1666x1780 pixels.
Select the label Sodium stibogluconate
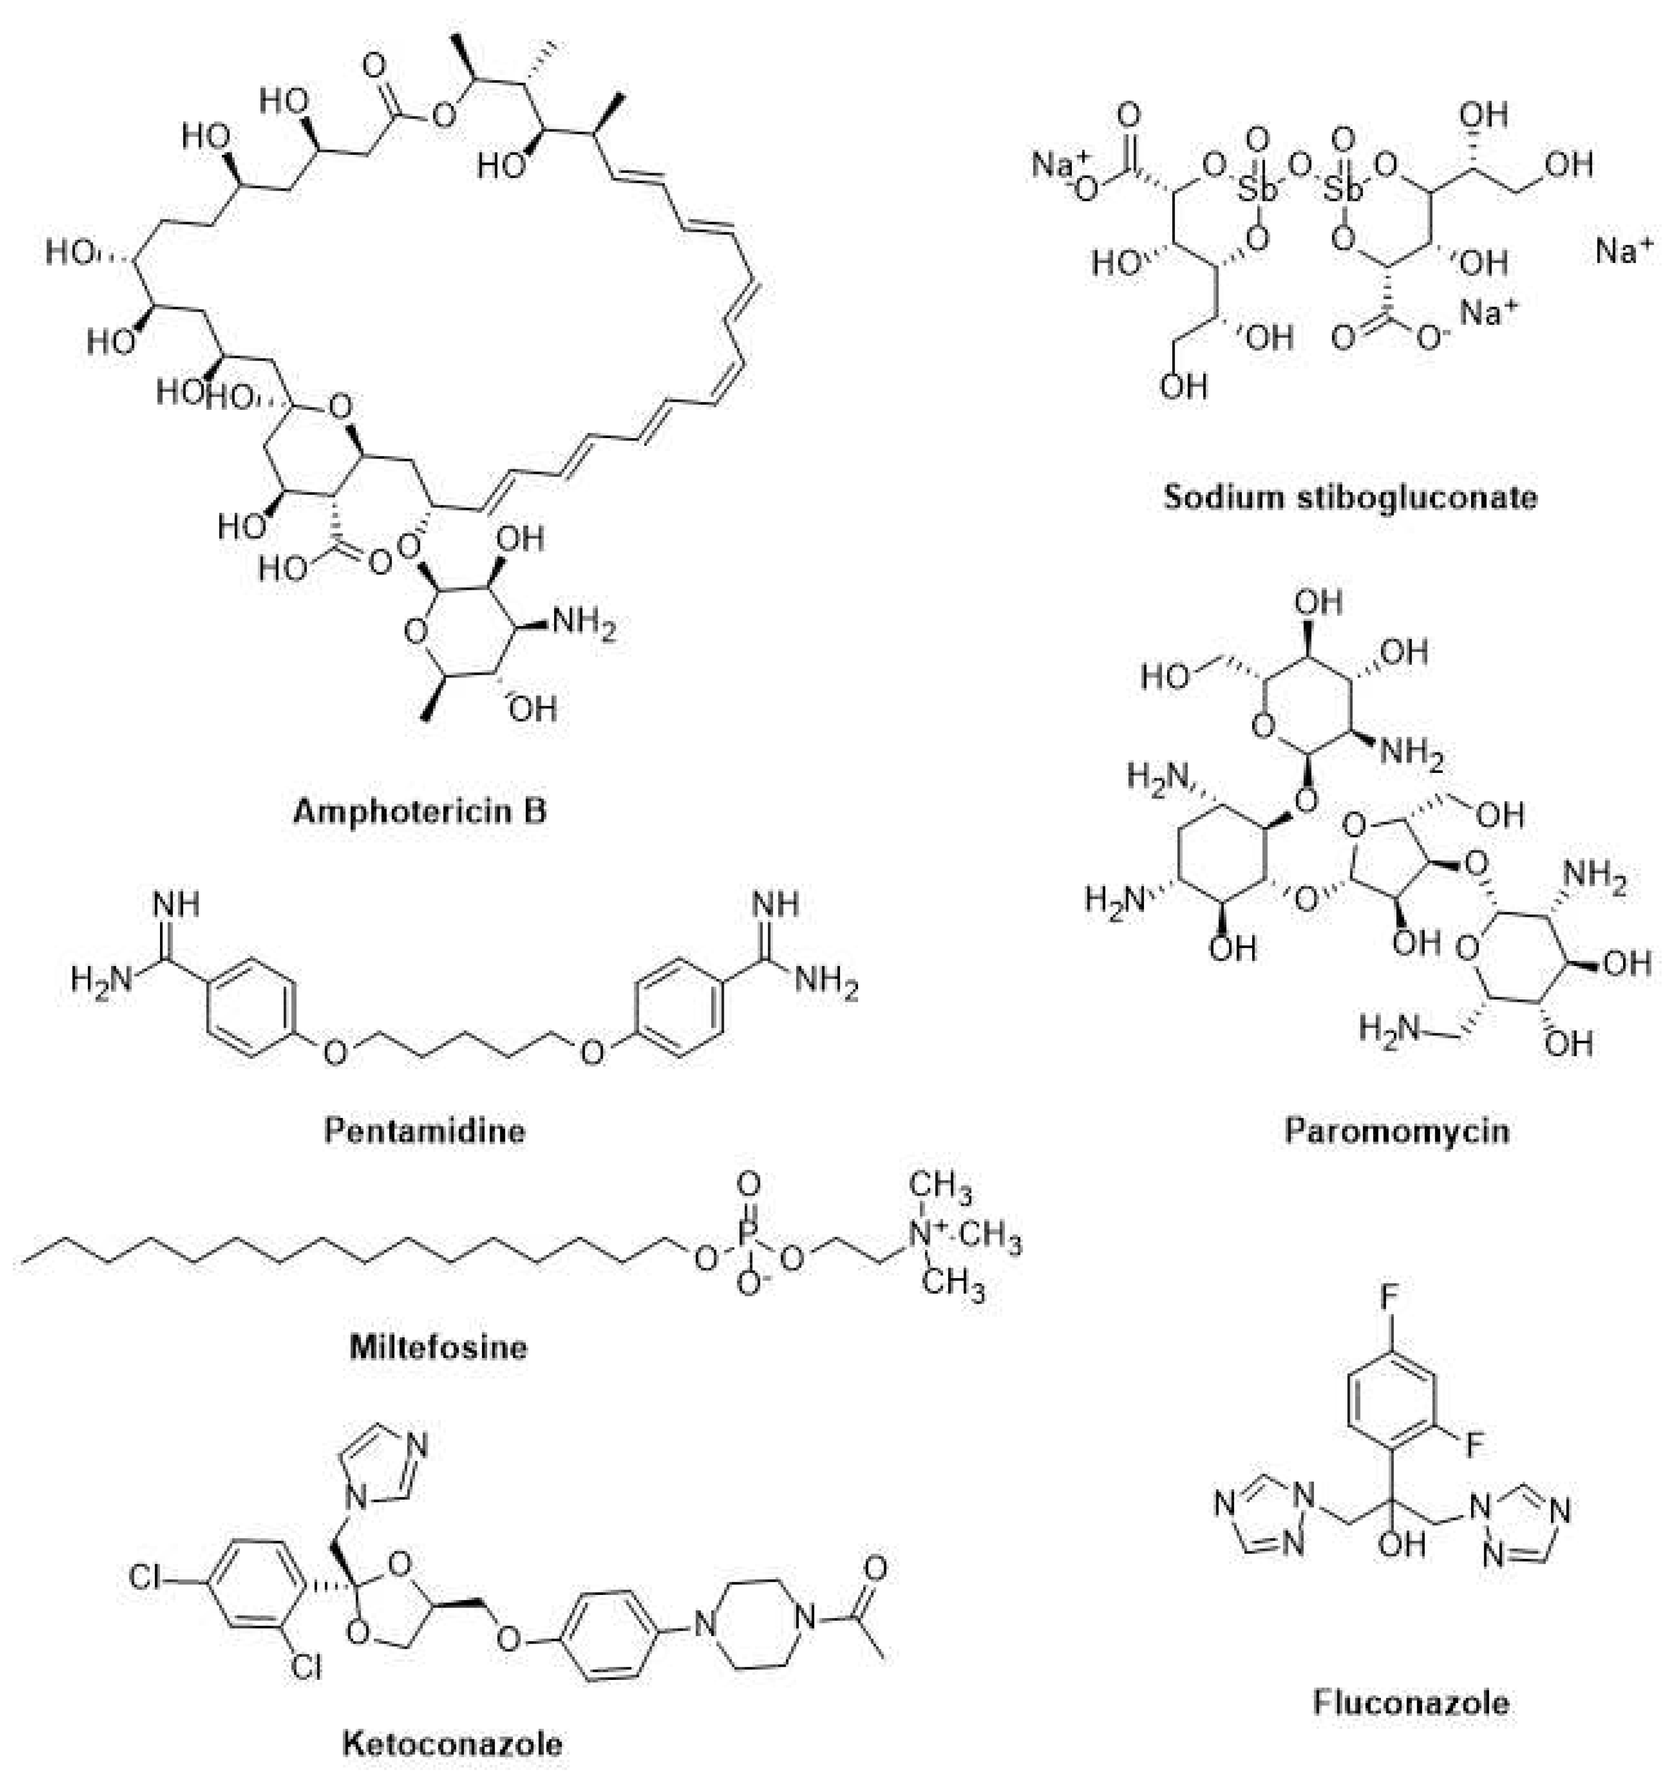click(1350, 496)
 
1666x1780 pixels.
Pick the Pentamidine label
click(424, 1131)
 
